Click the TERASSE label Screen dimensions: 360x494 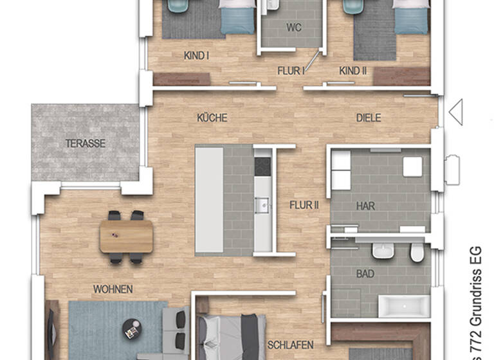[85, 143]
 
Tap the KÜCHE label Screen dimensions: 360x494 [212, 118]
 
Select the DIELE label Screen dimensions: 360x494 [369, 118]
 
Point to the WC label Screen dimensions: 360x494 [293, 28]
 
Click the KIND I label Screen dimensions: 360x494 [196, 56]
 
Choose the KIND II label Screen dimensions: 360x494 [352, 71]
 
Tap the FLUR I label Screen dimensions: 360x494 [291, 71]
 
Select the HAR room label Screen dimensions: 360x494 [365, 206]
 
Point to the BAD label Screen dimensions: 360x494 [365, 274]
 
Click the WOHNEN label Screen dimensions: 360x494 [113, 289]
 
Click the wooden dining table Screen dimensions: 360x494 [126, 237]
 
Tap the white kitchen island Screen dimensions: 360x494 [209, 199]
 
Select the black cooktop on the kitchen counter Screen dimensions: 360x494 [263, 166]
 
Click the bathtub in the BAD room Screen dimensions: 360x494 [403, 307]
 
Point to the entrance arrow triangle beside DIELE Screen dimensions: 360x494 [455, 112]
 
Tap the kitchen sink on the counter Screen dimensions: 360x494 [262, 205]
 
